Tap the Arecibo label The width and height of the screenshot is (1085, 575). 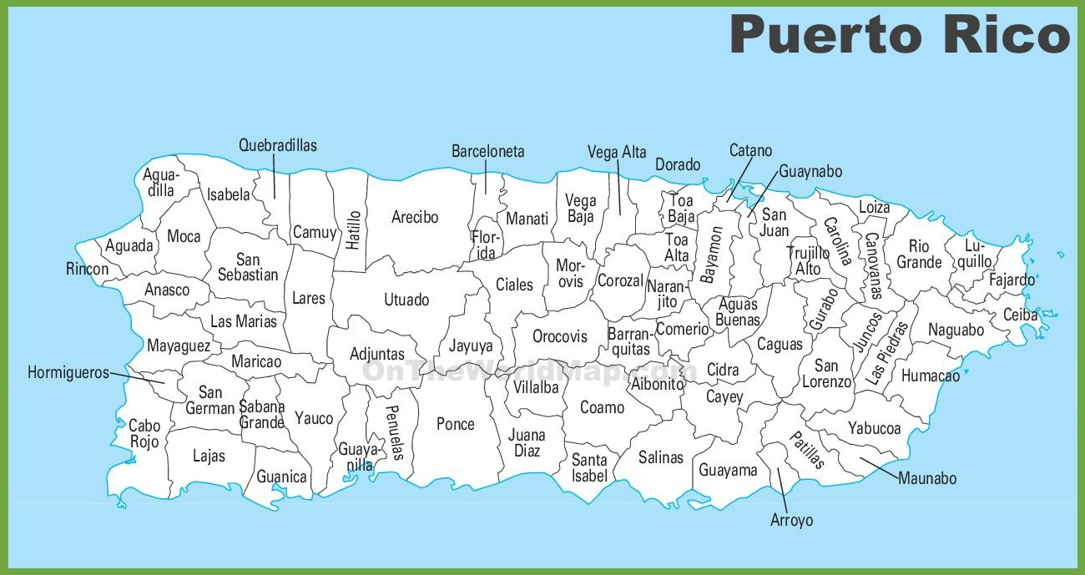pyautogui.click(x=415, y=218)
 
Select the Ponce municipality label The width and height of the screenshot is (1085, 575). pyautogui.click(x=456, y=424)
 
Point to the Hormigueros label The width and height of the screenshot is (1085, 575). pyautogui.click(x=68, y=373)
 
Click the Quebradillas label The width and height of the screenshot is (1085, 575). pyautogui.click(x=278, y=145)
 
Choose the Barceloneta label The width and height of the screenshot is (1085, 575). pyautogui.click(x=488, y=151)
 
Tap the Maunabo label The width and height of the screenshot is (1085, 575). pyautogui.click(x=927, y=479)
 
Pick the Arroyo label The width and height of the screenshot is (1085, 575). pyautogui.click(x=791, y=520)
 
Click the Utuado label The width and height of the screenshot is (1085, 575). pyautogui.click(x=406, y=300)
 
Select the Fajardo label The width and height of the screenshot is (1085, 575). pyautogui.click(x=1012, y=280)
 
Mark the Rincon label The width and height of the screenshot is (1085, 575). pyautogui.click(x=88, y=269)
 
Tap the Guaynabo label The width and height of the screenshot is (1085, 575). pyautogui.click(x=810, y=171)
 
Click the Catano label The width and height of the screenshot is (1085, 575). pyautogui.click(x=750, y=151)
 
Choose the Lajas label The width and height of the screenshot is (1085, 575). pyautogui.click(x=209, y=456)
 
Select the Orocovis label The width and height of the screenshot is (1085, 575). pyautogui.click(x=560, y=337)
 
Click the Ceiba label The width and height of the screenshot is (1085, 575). pyautogui.click(x=1020, y=315)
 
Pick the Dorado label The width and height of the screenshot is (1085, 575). pyautogui.click(x=678, y=164)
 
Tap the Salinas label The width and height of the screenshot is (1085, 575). pyautogui.click(x=661, y=457)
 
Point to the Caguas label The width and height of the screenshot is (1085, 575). pyautogui.click(x=780, y=344)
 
